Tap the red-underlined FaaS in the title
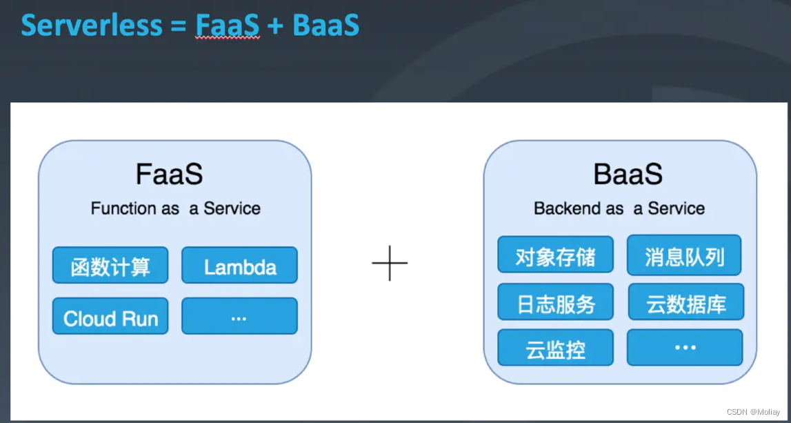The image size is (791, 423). coord(227,25)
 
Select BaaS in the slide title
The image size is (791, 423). coord(326,25)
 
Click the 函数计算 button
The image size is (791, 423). coord(110,266)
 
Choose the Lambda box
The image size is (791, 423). coord(239,266)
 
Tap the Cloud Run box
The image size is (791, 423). coord(110,317)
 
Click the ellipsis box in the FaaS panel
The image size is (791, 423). coord(239,317)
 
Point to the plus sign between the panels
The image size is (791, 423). coord(390,263)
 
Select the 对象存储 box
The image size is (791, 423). coord(555,255)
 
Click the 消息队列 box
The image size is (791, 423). coord(684,255)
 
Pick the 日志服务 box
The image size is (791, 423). coord(555,302)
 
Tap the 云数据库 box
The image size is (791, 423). coord(685,302)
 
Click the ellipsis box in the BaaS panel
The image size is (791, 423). coord(685,348)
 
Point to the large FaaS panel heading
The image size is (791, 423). coord(169,175)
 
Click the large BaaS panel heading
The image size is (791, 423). coord(628,175)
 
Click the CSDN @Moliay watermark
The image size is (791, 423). coord(754,411)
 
